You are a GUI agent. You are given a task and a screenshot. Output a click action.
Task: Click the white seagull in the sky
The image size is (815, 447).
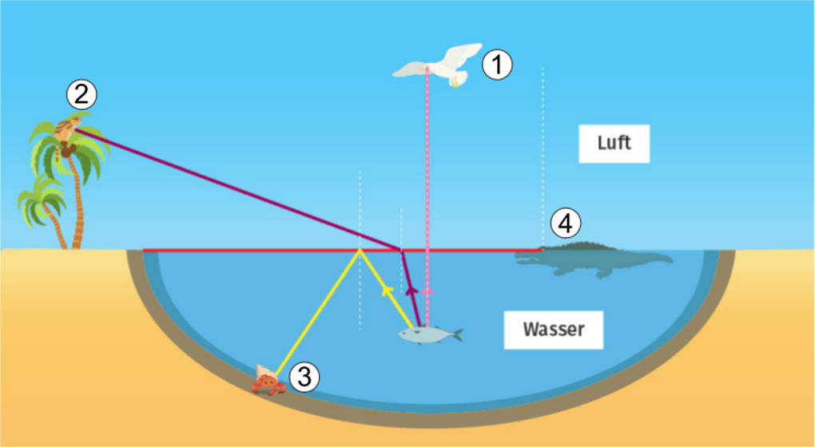[x=438, y=64]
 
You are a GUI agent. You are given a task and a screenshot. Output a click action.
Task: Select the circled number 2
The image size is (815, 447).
[x=81, y=95]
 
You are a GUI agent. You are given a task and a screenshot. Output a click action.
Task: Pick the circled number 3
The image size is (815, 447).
[x=304, y=377]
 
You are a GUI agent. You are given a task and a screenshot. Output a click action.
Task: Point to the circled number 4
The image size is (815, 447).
[x=564, y=224]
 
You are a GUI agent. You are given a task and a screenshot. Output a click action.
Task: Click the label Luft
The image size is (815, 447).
[x=614, y=144]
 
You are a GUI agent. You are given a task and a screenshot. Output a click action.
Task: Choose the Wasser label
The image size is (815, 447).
[x=553, y=329]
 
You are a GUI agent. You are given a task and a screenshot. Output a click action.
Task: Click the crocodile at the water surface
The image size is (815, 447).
[x=595, y=257]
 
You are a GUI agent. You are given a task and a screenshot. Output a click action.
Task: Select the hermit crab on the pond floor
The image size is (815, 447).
[x=268, y=382]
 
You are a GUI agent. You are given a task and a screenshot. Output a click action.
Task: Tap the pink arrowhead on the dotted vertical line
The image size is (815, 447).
[x=427, y=291]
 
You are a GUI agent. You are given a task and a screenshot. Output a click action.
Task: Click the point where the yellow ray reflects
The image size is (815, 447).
[x=360, y=250]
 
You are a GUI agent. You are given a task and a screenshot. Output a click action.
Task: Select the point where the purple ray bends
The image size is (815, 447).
[x=401, y=250]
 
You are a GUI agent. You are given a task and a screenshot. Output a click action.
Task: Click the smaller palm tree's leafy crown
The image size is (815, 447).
[x=40, y=200]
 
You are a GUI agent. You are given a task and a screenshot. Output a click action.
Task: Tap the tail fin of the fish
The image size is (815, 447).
[x=456, y=334]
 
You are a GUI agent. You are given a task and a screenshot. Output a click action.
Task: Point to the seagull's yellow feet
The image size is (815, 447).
[x=456, y=81]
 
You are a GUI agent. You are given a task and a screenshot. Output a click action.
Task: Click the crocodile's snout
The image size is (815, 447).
[x=527, y=256]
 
